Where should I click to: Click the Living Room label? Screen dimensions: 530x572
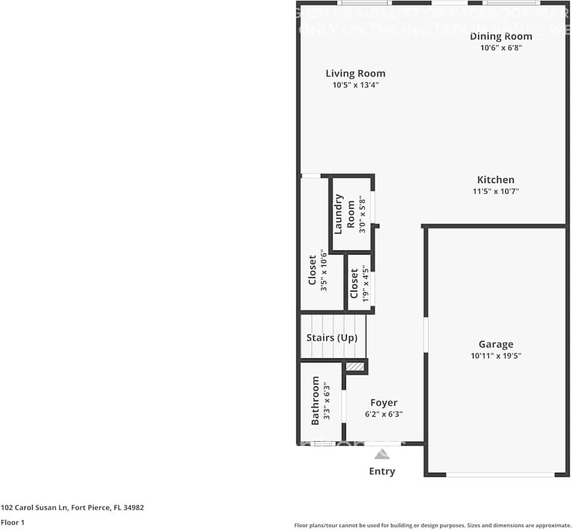[355, 73]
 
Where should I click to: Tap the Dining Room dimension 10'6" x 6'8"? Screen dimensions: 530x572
[501, 48]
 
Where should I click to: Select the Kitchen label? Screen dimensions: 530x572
[495, 179]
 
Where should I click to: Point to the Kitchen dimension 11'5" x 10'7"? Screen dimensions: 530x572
[495, 191]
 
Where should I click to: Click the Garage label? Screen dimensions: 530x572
[496, 344]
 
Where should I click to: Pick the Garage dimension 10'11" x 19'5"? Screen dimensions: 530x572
[496, 356]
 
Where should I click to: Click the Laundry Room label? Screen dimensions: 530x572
[344, 214]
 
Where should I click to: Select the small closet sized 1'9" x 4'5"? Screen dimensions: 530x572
[360, 284]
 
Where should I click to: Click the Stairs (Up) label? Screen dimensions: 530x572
[332, 337]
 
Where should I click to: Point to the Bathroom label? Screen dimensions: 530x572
[316, 401]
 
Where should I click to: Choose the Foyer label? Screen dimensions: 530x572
[384, 402]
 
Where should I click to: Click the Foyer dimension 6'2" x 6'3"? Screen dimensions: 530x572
[384, 414]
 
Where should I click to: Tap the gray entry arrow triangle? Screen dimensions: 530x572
[382, 454]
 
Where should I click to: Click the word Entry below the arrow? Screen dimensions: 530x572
[382, 471]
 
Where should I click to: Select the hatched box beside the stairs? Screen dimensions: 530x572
[355, 367]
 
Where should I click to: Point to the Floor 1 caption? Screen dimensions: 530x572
[13, 522]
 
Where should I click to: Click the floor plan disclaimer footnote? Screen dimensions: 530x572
[432, 525]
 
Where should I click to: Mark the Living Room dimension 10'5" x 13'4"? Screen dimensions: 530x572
[355, 85]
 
